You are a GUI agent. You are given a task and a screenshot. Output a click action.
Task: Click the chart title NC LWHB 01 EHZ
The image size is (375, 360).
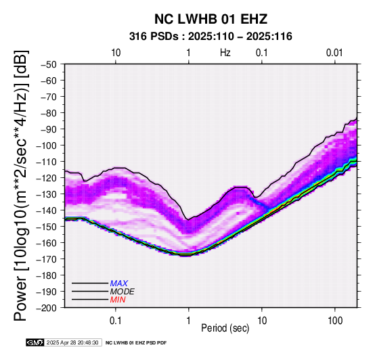211,19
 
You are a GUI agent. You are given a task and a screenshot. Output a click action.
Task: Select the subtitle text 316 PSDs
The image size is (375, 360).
154,37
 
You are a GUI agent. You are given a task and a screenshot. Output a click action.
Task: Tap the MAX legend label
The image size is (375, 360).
119,284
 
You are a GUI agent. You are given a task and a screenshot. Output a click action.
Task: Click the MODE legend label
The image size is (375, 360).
123,292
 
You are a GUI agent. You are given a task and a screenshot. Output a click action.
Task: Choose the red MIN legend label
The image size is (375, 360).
118,300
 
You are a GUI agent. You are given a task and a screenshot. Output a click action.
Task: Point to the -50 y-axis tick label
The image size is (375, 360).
49,64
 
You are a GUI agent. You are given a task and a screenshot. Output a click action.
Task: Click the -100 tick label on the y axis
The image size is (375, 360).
47,145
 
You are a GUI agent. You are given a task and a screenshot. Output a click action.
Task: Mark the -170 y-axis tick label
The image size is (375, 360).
47,259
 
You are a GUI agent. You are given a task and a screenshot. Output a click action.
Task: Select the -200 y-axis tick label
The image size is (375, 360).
47,308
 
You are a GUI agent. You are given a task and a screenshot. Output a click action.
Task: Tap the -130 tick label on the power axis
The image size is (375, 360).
47,194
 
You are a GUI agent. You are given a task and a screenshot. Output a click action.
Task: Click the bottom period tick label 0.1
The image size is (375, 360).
116,321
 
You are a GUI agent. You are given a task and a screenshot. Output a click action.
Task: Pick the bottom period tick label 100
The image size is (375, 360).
335,321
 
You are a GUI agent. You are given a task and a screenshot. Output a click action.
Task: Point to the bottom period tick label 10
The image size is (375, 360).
262,321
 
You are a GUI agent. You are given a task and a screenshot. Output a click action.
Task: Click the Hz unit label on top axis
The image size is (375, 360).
225,53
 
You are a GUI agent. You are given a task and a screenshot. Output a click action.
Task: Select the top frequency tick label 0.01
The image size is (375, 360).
334,53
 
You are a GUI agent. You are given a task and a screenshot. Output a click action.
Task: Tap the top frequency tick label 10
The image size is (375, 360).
116,53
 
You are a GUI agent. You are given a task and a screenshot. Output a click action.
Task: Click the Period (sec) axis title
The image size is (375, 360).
225,328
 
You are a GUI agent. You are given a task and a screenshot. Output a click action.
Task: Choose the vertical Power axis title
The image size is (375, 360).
21,185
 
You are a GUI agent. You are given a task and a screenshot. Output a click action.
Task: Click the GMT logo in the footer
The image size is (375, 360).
35,342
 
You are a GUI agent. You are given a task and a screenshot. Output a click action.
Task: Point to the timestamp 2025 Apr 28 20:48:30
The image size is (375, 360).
72,342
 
